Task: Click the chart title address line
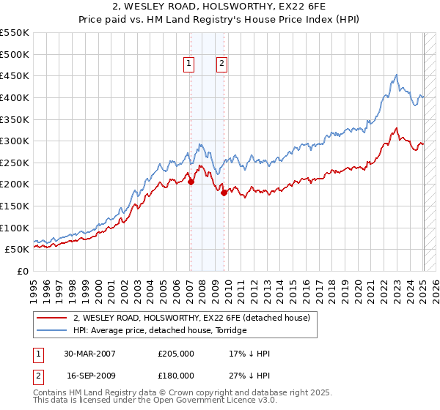[x=219, y=8]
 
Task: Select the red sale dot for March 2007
[x=191, y=182]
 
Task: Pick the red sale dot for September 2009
[x=224, y=193]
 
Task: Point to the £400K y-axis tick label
[x=16, y=97]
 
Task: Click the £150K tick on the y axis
[x=16, y=206]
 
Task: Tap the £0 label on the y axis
[x=23, y=271]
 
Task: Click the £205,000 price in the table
[x=176, y=354]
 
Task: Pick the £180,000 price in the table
[x=176, y=376]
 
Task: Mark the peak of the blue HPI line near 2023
[x=396, y=75]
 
